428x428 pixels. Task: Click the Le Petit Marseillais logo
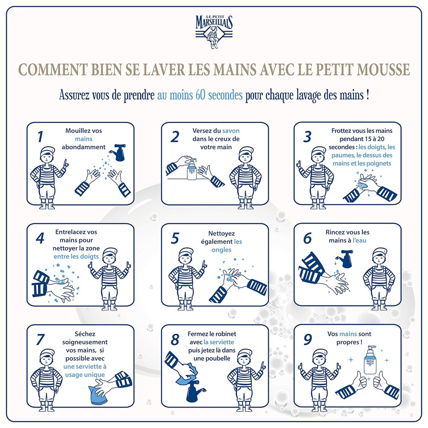pyautogui.click(x=214, y=29)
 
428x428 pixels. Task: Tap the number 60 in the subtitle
pyautogui.click(x=200, y=96)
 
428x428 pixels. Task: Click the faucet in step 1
pyautogui.click(x=119, y=152)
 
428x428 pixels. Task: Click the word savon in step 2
pyautogui.click(x=231, y=131)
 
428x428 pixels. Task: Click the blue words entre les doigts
pyautogui.click(x=76, y=257)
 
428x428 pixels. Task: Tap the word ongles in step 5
pyautogui.click(x=221, y=250)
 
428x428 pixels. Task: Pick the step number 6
pyautogui.click(x=307, y=238)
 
